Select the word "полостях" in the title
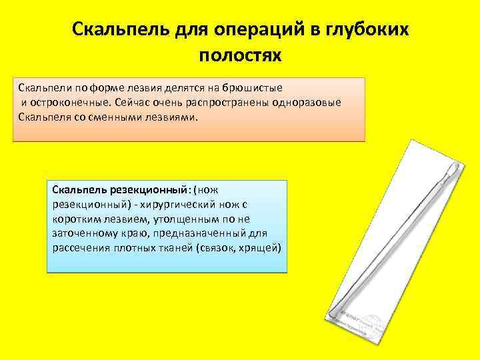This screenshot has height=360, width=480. coord(240,55)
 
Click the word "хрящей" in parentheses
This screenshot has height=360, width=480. coord(263,247)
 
